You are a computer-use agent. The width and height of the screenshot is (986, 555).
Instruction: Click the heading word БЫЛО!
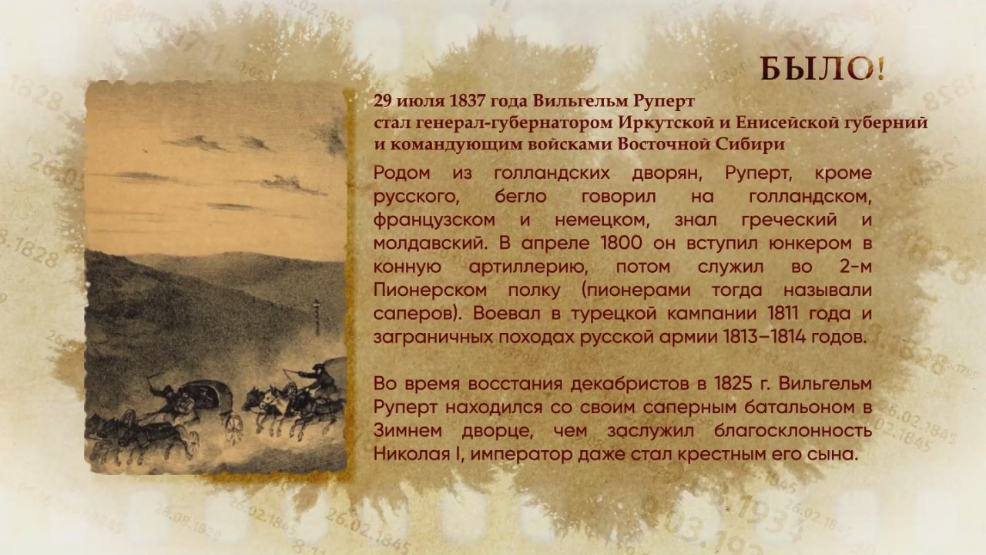[x=823, y=70]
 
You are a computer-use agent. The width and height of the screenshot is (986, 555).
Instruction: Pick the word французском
[x=434, y=220]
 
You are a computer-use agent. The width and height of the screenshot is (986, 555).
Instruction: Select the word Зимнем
[x=407, y=430]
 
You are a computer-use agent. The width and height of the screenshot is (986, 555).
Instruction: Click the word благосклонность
[x=793, y=431]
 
